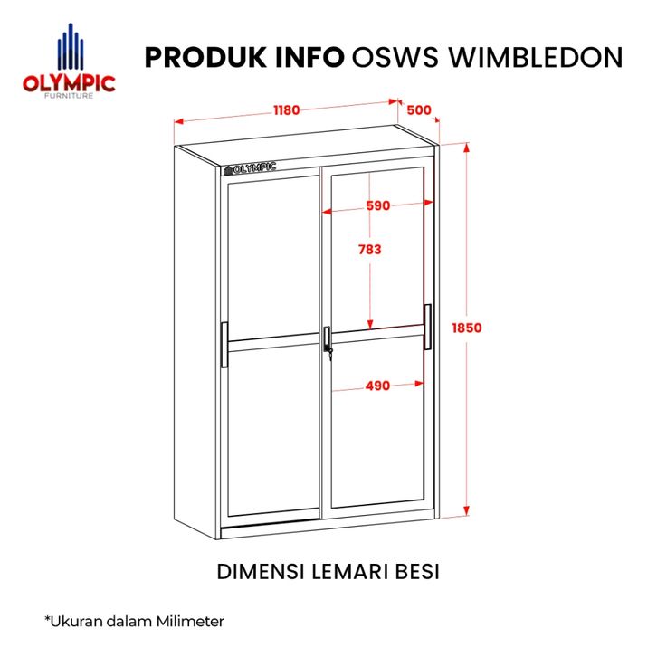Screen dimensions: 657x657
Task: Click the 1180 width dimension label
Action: (287, 110)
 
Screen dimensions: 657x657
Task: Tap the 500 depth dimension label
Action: (419, 110)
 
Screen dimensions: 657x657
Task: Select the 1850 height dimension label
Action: (467, 328)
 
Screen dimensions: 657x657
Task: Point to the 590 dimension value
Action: (378, 205)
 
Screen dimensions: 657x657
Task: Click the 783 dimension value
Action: (370, 250)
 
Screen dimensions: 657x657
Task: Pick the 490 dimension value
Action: (377, 386)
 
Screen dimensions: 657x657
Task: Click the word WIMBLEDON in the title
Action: (536, 57)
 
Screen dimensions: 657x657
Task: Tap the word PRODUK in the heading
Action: (205, 57)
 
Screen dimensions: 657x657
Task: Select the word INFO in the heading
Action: (309, 57)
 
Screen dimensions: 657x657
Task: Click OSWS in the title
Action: (395, 57)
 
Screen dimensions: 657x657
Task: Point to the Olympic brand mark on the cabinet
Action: (250, 168)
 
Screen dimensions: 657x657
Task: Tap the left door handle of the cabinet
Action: (224, 345)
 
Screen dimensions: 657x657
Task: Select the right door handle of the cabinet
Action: (427, 327)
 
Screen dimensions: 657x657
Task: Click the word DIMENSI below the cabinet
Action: (261, 572)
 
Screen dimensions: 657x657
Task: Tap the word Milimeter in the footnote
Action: (191, 621)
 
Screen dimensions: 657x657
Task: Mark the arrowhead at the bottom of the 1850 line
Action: (466, 510)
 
